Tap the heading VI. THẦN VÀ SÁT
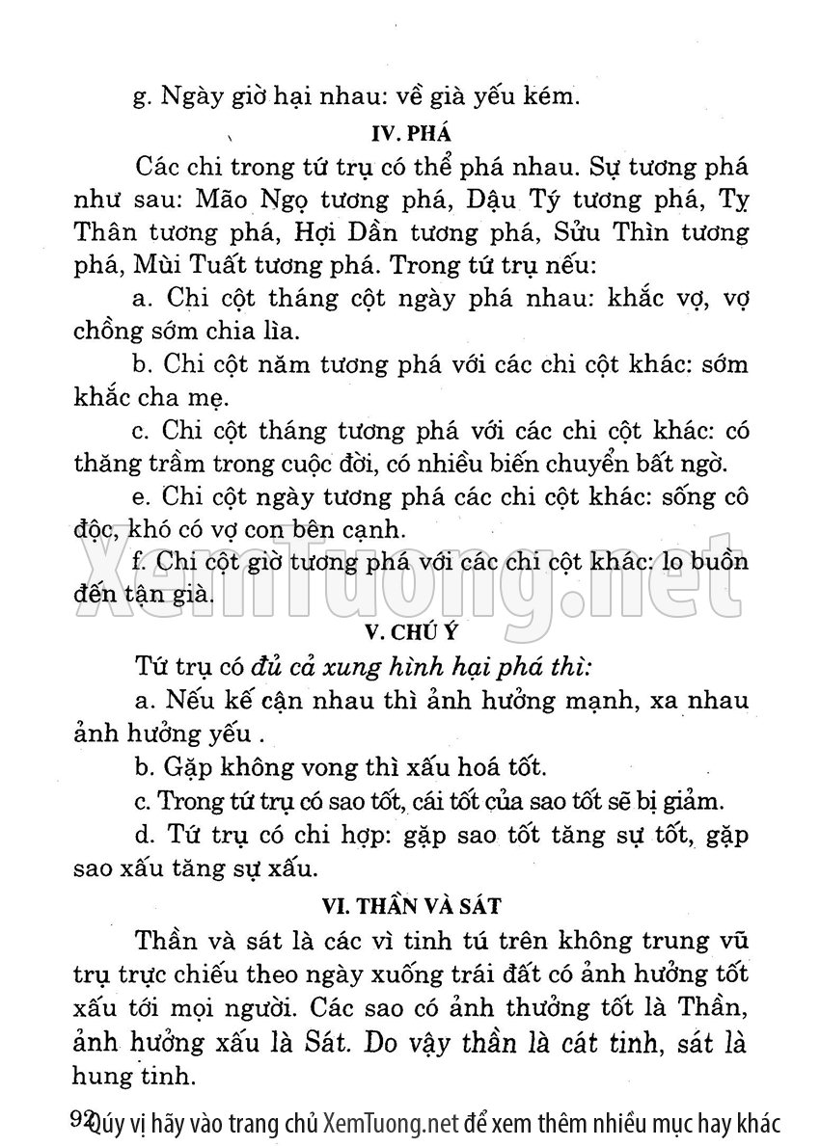[x=412, y=905]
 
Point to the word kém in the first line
[x=551, y=95]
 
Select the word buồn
[x=718, y=563]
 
